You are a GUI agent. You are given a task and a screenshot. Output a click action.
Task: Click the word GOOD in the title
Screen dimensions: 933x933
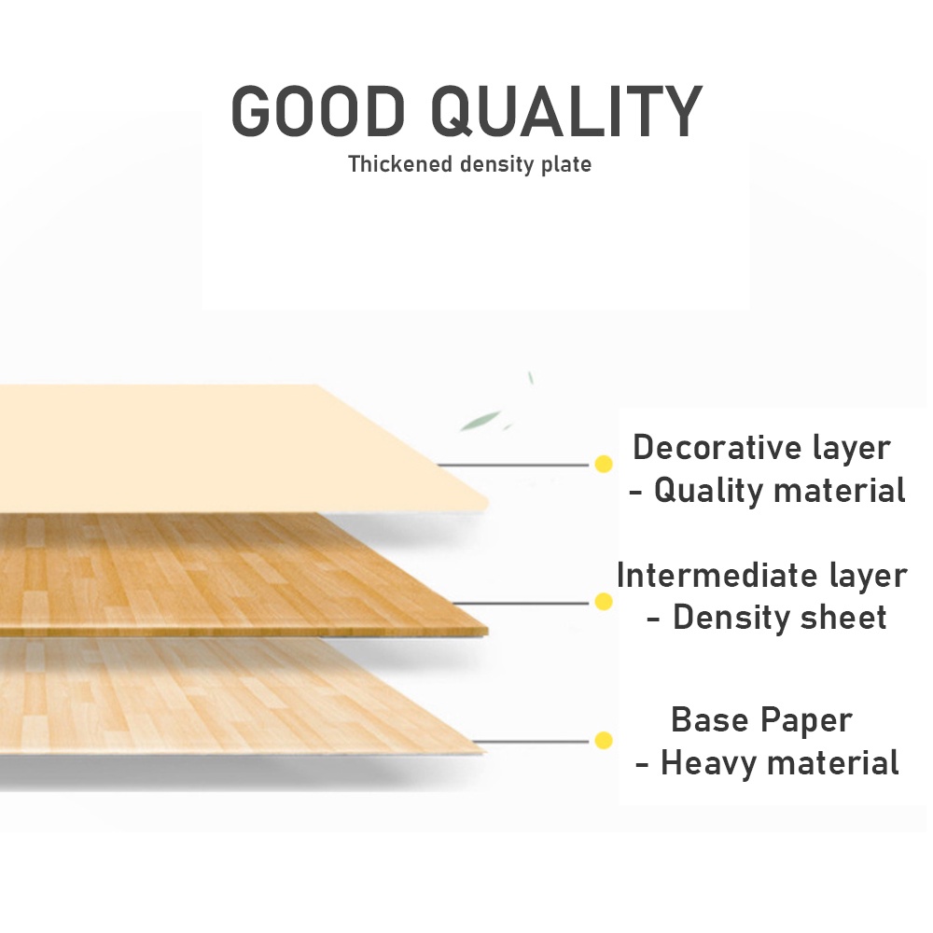[x=318, y=111]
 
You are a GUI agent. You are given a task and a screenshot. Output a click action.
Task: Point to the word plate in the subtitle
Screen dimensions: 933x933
[x=566, y=165]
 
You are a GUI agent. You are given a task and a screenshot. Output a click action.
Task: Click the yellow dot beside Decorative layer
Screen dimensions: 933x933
[x=604, y=464]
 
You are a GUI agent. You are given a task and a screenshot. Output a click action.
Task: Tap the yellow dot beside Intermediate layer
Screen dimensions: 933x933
[x=604, y=602]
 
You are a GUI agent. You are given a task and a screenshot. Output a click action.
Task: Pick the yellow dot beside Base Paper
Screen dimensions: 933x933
[x=604, y=741]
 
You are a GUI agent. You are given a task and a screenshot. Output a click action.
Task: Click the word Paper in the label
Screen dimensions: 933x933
[x=807, y=721]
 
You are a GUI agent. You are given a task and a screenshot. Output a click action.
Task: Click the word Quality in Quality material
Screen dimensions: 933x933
[x=709, y=492]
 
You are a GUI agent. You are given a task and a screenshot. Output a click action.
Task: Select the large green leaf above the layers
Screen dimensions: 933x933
[x=480, y=420]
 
